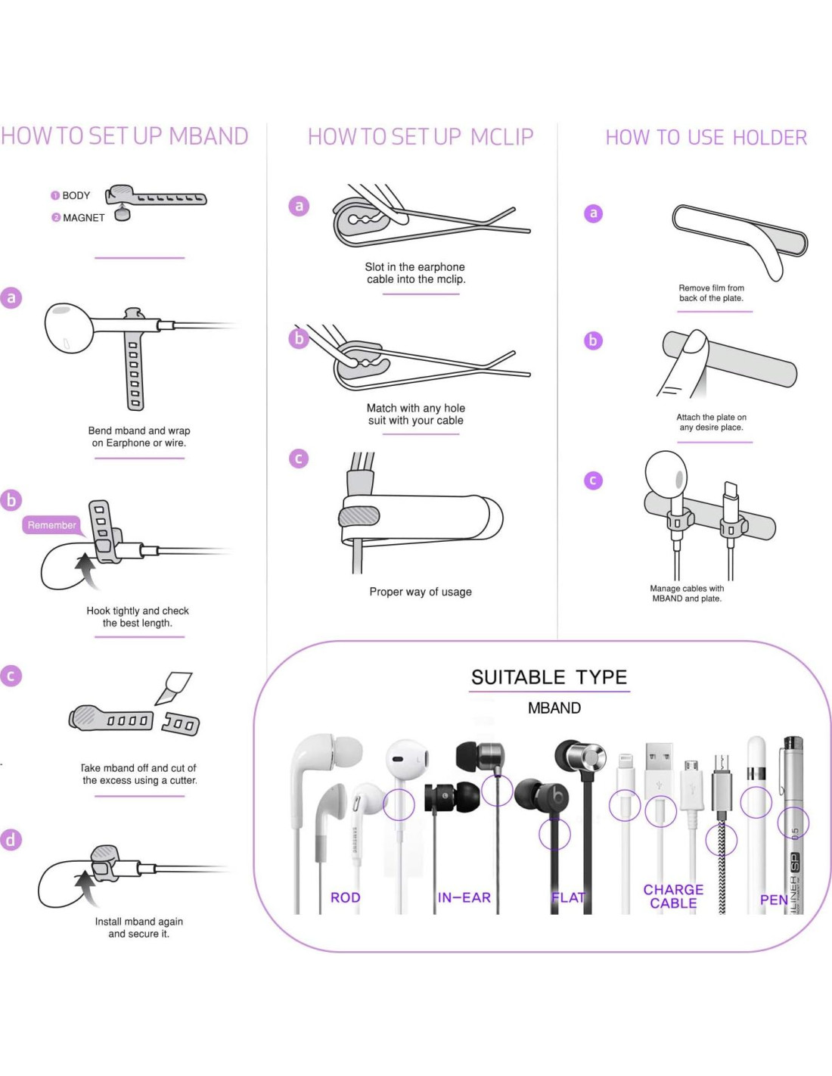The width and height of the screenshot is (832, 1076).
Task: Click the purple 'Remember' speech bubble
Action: (51, 526)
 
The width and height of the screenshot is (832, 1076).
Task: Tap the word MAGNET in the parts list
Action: (84, 218)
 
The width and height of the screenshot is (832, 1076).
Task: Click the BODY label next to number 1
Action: (76, 195)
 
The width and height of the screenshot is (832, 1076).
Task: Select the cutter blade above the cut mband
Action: (172, 688)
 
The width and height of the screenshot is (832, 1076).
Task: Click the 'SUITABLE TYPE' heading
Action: (549, 677)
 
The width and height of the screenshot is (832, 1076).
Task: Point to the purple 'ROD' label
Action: (345, 897)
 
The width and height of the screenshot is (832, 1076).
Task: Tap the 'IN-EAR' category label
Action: (464, 897)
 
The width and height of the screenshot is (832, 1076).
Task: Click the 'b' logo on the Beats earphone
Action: (557, 797)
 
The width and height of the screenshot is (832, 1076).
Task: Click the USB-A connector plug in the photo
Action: (660, 767)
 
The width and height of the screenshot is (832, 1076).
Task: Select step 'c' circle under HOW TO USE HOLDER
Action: (593, 480)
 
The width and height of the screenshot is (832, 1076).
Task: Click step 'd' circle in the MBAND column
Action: (11, 840)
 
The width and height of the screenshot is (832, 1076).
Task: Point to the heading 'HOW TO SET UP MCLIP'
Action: (421, 137)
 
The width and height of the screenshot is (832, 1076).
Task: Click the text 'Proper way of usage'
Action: (421, 592)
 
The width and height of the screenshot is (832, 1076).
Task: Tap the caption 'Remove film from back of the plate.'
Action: (711, 293)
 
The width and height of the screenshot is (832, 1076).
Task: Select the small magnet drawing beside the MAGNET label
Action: (123, 214)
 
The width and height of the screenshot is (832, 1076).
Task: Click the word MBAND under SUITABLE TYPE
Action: (554, 708)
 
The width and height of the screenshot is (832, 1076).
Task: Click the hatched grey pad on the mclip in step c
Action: (359, 517)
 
